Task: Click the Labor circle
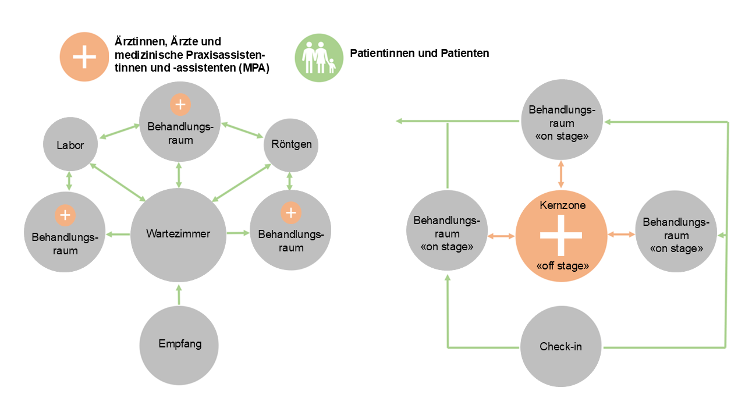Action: click(x=69, y=145)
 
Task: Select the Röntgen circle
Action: click(x=291, y=145)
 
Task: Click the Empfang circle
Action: click(x=179, y=345)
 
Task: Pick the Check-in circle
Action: click(x=560, y=347)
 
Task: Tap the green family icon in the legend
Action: click(x=318, y=57)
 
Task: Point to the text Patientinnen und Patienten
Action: click(x=419, y=53)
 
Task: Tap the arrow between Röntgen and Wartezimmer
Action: click(x=242, y=183)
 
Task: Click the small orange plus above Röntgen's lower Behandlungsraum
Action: click(x=291, y=214)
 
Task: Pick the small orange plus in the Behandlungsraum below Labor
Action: click(x=65, y=215)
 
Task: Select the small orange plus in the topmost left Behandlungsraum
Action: click(x=180, y=105)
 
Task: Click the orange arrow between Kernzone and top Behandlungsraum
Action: click(x=561, y=174)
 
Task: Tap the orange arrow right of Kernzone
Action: click(x=621, y=235)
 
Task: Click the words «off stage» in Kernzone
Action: click(x=561, y=266)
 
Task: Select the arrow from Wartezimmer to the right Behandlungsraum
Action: click(x=237, y=233)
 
